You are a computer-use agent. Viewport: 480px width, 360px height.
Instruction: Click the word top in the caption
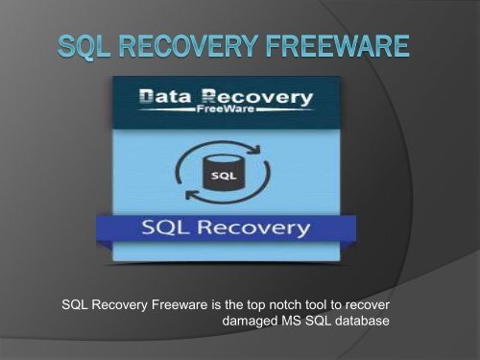(257, 305)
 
